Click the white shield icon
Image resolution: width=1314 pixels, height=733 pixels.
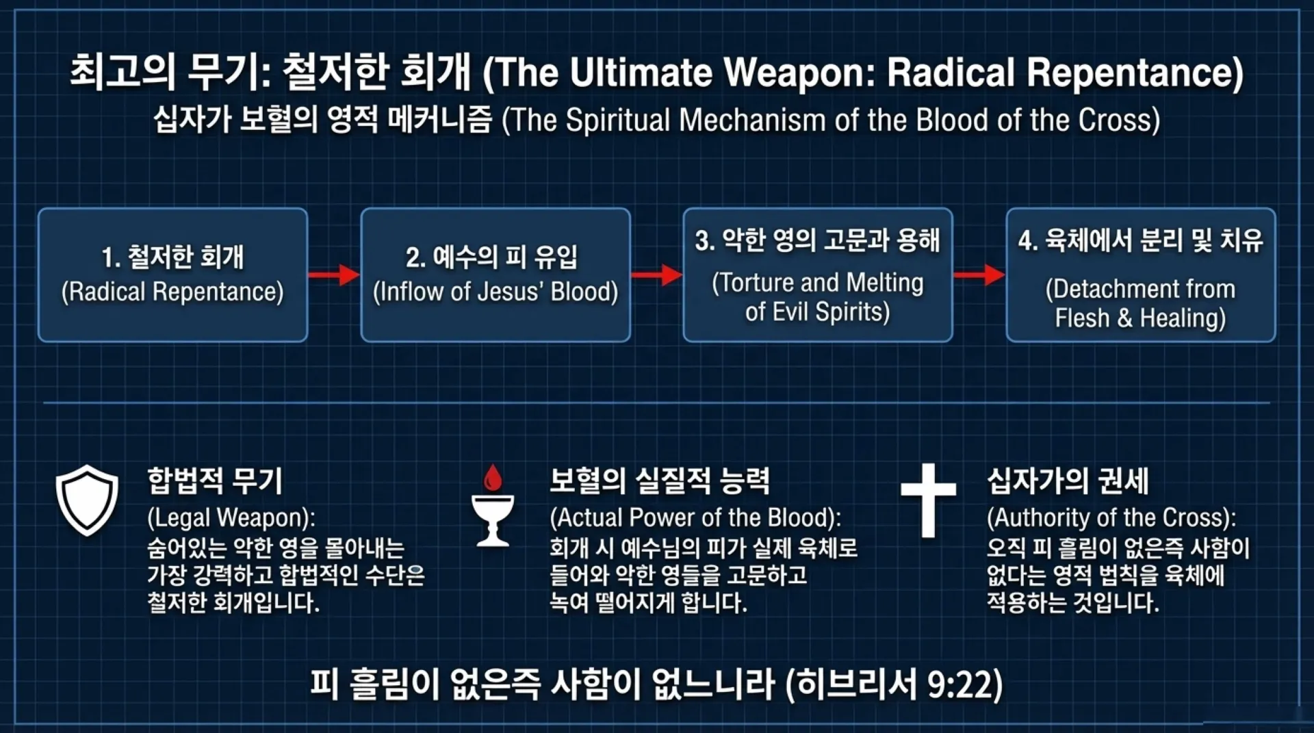[x=87, y=500]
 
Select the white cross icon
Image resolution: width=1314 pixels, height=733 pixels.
[x=928, y=500]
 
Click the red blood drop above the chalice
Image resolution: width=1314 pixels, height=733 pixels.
[x=492, y=478]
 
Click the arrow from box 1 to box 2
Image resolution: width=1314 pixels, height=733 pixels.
[x=333, y=275]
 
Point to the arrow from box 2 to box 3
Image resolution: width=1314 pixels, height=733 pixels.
[x=656, y=275]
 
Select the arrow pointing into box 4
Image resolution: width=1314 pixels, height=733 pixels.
[x=979, y=275]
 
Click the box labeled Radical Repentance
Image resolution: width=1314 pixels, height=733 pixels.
[x=172, y=275]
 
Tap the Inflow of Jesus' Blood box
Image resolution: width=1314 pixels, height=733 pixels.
[x=495, y=275]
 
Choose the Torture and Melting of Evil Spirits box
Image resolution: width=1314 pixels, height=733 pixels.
[x=818, y=275]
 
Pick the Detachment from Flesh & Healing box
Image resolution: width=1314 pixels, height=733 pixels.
[x=1141, y=275]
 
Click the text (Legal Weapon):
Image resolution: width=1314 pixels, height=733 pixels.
[x=231, y=518]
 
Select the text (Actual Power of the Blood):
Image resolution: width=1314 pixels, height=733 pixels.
[x=695, y=518]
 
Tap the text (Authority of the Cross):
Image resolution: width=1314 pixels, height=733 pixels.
[x=1111, y=518]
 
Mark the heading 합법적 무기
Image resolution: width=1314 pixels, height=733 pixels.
[x=215, y=480]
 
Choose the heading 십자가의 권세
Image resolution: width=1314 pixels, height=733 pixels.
[x=1068, y=480]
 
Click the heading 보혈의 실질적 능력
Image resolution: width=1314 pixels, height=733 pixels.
[x=660, y=480]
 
